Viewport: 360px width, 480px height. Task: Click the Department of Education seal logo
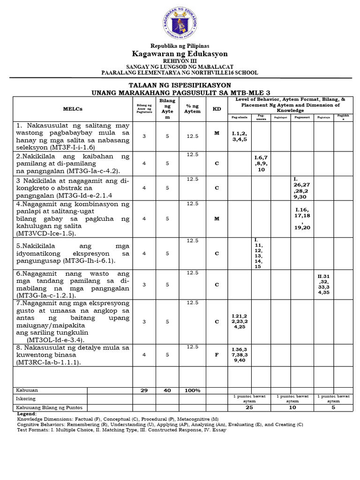click(180, 22)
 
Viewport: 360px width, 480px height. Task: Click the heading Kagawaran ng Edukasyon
click(180, 53)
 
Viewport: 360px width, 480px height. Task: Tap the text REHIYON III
click(180, 61)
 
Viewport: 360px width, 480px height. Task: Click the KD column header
click(217, 109)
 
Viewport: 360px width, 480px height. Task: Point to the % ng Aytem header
click(192, 109)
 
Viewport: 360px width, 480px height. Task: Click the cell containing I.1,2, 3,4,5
click(240, 136)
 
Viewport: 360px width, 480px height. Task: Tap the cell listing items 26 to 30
click(302, 188)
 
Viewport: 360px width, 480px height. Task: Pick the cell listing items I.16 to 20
click(302, 218)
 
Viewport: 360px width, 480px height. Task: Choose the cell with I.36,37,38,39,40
click(240, 355)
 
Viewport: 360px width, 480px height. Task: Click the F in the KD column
click(217, 354)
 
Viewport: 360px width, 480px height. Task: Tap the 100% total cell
click(192, 390)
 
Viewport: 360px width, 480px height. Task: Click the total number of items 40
click(167, 390)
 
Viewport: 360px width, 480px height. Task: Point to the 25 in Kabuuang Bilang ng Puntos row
click(250, 408)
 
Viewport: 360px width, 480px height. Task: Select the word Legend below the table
click(26, 414)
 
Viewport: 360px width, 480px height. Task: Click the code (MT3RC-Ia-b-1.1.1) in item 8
click(48, 363)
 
